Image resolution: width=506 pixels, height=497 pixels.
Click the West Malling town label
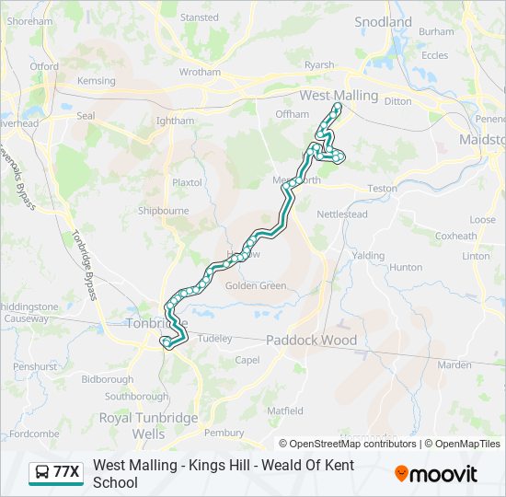pos(339,96)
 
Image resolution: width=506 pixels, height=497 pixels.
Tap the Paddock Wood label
pos(311,340)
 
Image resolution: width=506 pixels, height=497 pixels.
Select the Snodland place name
pos(383,22)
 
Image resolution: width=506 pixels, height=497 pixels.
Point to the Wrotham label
pos(200,72)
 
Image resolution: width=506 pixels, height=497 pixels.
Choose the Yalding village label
pos(368,256)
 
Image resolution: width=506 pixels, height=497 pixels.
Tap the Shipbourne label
pos(163,211)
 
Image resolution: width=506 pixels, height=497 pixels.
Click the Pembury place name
pos(224,433)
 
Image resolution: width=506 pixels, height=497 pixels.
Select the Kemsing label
pos(97,81)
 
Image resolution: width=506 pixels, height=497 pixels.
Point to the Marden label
pos(454,365)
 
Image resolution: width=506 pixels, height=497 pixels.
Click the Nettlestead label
pos(342,214)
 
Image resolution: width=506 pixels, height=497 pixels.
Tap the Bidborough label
pos(108,379)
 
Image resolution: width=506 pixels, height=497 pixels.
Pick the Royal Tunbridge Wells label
pos(148,425)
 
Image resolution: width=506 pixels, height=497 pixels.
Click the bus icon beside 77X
pos(41,473)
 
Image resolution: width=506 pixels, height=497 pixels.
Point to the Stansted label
pos(200,17)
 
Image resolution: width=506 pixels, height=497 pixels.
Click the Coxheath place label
pos(456,236)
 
